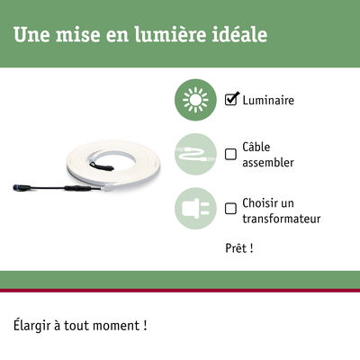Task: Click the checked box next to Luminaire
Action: click(230, 99)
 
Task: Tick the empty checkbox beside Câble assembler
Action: click(230, 155)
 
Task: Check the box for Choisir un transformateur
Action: click(230, 209)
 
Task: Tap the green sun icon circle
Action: click(195, 100)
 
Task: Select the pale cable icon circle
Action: click(195, 155)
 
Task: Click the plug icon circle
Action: click(195, 209)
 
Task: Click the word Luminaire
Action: click(268, 100)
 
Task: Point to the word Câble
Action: click(256, 147)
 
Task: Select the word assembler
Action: click(268, 163)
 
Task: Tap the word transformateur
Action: click(282, 219)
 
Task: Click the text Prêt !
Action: click(239, 248)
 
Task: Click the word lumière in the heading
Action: click(170, 34)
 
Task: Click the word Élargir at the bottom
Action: click(31, 325)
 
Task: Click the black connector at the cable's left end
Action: click(19, 187)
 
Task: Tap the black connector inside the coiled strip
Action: click(102, 166)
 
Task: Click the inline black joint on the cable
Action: click(77, 188)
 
